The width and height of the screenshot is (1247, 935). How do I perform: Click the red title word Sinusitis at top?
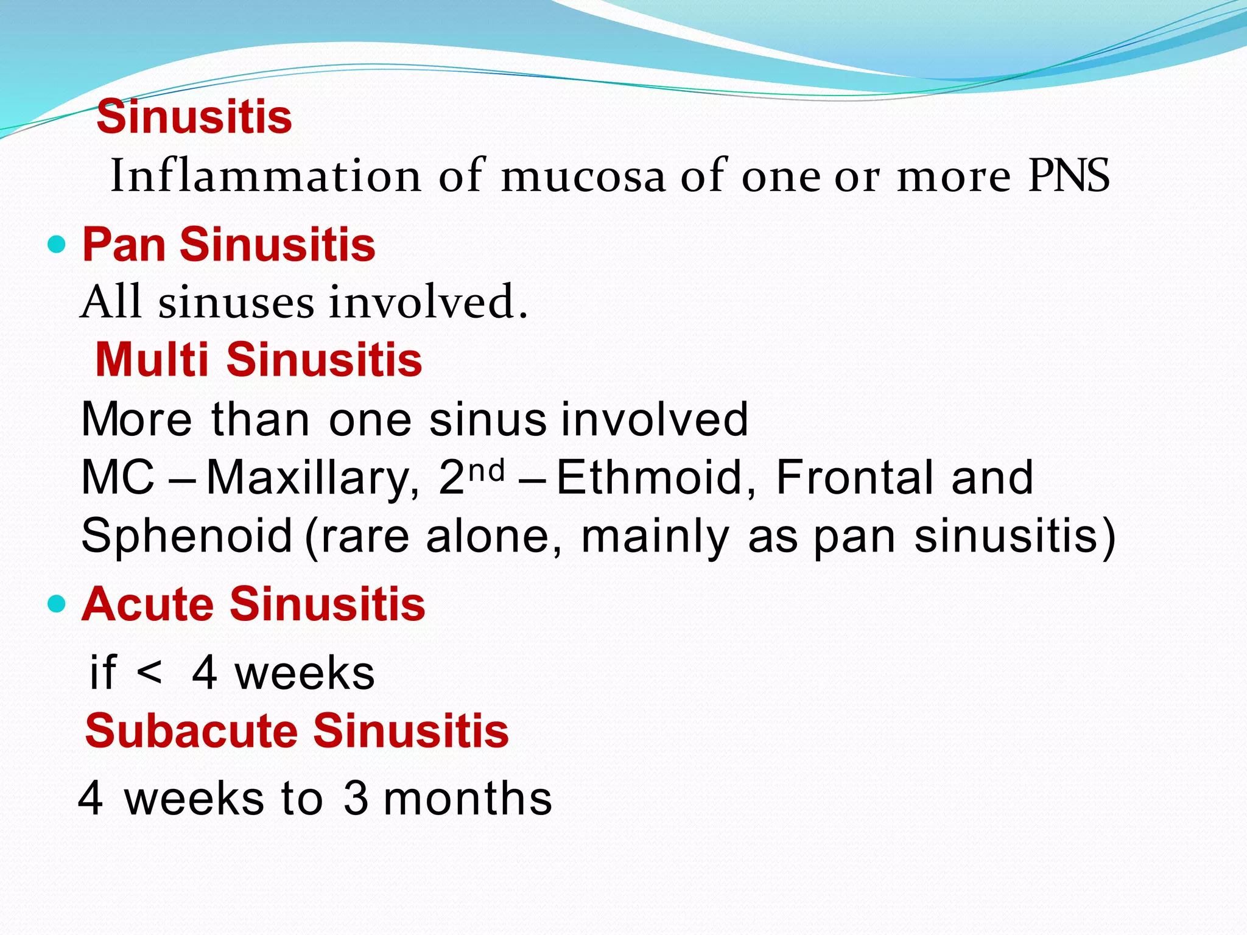click(x=194, y=117)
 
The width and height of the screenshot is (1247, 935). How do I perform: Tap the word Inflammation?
click(x=265, y=176)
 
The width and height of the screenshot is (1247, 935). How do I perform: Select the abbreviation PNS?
click(x=1069, y=176)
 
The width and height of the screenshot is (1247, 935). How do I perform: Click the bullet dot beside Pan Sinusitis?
click(x=56, y=245)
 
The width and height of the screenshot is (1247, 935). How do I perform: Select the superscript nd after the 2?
click(x=488, y=469)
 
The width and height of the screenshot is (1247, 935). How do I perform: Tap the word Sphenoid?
click(x=187, y=536)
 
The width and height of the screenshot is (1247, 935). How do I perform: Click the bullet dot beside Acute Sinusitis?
click(x=56, y=604)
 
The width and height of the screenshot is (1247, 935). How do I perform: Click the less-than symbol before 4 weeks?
click(x=150, y=674)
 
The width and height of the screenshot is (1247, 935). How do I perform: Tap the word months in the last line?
click(x=468, y=799)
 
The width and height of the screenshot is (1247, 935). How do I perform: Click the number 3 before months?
click(x=356, y=799)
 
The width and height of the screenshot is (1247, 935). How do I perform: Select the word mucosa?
click(x=583, y=176)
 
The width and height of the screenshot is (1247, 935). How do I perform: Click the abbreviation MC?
click(x=118, y=478)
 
